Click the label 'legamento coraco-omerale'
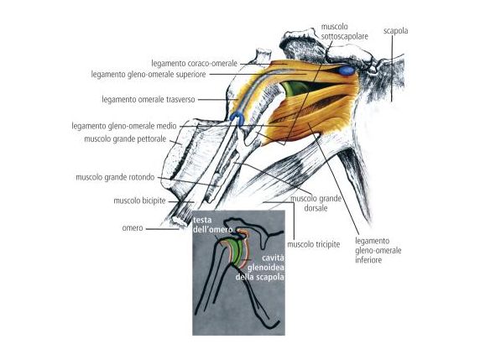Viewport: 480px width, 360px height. [195, 64]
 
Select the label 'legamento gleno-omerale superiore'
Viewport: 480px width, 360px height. [149, 75]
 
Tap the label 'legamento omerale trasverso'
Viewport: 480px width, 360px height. [149, 100]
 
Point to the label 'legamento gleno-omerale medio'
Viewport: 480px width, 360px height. [124, 126]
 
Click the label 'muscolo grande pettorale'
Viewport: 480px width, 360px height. [125, 139]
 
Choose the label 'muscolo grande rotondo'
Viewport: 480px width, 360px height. [115, 177]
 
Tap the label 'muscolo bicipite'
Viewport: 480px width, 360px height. [139, 201]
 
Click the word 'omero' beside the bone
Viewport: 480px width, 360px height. [133, 228]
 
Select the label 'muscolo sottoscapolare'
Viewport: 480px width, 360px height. [344, 31]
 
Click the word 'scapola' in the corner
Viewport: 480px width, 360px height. [396, 30]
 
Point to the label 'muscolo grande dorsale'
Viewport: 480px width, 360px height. [316, 203]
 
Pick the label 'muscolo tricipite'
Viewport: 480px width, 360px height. [314, 244]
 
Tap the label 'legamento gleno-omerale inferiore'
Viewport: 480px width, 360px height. [378, 250]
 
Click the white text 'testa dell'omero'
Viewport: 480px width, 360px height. [212, 224]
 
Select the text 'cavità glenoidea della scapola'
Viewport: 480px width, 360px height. [260, 267]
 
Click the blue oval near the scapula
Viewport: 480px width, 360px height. [346, 70]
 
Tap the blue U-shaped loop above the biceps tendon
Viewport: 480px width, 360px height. [237, 117]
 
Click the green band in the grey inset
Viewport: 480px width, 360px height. [236, 252]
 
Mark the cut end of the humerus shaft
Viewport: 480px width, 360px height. [179, 221]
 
